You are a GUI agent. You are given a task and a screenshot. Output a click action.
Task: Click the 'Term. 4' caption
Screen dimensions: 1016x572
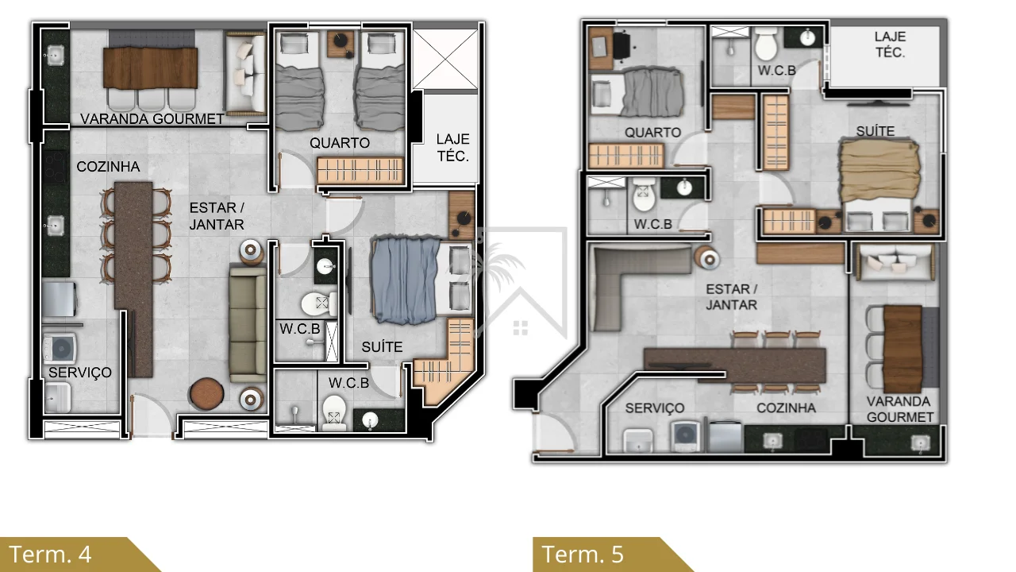tap(50, 555)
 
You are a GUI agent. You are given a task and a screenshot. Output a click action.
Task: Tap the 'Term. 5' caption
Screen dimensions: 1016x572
tap(583, 555)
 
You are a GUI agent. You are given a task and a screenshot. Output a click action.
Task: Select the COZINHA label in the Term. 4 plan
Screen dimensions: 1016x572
tap(108, 167)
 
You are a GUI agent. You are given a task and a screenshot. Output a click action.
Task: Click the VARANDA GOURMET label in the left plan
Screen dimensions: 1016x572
tap(152, 119)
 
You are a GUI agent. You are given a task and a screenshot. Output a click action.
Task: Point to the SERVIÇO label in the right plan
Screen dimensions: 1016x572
tap(655, 408)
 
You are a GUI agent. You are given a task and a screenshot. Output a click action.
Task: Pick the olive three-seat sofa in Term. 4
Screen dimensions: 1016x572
tap(247, 323)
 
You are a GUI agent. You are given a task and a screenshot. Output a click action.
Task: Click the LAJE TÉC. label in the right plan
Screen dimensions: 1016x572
tap(890, 44)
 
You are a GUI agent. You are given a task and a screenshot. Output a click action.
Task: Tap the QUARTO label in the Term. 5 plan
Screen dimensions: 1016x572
tap(652, 133)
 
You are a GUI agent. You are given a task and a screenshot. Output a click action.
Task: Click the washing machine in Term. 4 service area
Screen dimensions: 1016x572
tap(60, 349)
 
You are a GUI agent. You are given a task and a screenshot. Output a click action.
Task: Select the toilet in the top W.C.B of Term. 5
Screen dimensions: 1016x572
tap(766, 45)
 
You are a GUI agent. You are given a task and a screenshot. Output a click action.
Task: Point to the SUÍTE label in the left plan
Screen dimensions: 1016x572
tap(382, 347)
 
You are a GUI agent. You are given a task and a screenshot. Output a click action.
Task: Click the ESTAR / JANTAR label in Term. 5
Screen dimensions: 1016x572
tap(731, 297)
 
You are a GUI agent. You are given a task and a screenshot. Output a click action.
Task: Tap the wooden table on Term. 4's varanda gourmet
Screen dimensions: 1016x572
tap(150, 68)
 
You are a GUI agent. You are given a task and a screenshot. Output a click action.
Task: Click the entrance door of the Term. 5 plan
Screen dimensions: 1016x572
tap(553, 434)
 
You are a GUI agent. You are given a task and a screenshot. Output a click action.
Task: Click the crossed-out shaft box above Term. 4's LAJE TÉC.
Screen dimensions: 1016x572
tap(445, 60)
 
